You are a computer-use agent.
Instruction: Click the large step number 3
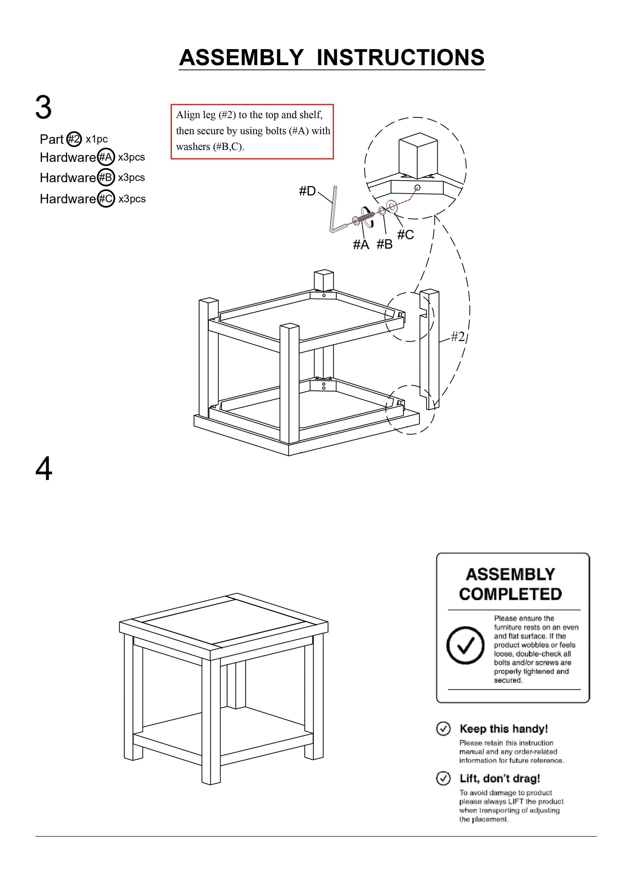coord(43,108)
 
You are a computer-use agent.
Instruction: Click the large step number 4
coord(43,469)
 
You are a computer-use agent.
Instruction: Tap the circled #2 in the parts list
coord(74,139)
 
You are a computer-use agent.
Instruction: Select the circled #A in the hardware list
coord(105,157)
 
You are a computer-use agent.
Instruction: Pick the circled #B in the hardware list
coord(105,178)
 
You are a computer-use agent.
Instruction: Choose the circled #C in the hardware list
coord(105,199)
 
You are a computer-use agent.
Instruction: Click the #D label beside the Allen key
coord(307,191)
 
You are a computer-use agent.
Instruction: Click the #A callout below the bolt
coord(360,245)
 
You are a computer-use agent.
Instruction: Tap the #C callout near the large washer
coord(405,235)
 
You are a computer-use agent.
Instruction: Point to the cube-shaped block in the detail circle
coord(418,156)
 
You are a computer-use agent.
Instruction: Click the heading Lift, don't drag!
coord(499,779)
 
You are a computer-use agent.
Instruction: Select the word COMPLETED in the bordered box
coord(510,594)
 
